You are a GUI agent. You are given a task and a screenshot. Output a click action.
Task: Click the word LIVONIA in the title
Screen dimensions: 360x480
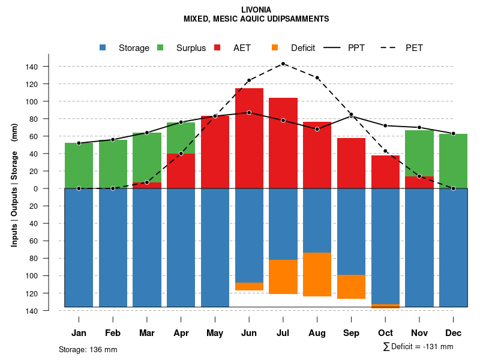(x=256, y=10)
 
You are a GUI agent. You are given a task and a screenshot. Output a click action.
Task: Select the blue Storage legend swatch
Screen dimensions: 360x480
(x=103, y=47)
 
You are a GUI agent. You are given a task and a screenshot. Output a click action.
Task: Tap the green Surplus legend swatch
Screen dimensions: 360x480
(x=160, y=47)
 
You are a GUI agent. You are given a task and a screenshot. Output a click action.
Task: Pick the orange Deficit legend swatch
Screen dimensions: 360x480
(x=275, y=47)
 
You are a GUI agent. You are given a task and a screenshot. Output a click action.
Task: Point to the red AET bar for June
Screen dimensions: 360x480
(x=249, y=138)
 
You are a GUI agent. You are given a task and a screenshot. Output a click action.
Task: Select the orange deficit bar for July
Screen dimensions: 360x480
(x=283, y=277)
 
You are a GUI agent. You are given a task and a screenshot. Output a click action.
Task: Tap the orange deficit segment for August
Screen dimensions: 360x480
(x=317, y=274)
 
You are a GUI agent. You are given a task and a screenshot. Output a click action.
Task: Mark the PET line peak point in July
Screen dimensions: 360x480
(x=283, y=64)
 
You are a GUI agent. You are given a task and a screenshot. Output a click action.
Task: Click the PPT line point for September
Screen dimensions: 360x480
(x=352, y=115)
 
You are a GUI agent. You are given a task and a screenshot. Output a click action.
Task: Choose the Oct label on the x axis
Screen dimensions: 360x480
(x=386, y=333)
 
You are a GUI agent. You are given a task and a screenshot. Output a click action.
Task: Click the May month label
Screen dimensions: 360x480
(x=215, y=333)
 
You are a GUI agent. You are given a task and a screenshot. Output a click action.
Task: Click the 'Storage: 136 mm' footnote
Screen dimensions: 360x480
(x=88, y=349)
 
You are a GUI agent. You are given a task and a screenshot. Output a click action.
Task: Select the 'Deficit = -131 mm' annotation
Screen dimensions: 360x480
(x=418, y=347)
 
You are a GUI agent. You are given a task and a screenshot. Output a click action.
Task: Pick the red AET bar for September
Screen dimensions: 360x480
(x=352, y=163)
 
